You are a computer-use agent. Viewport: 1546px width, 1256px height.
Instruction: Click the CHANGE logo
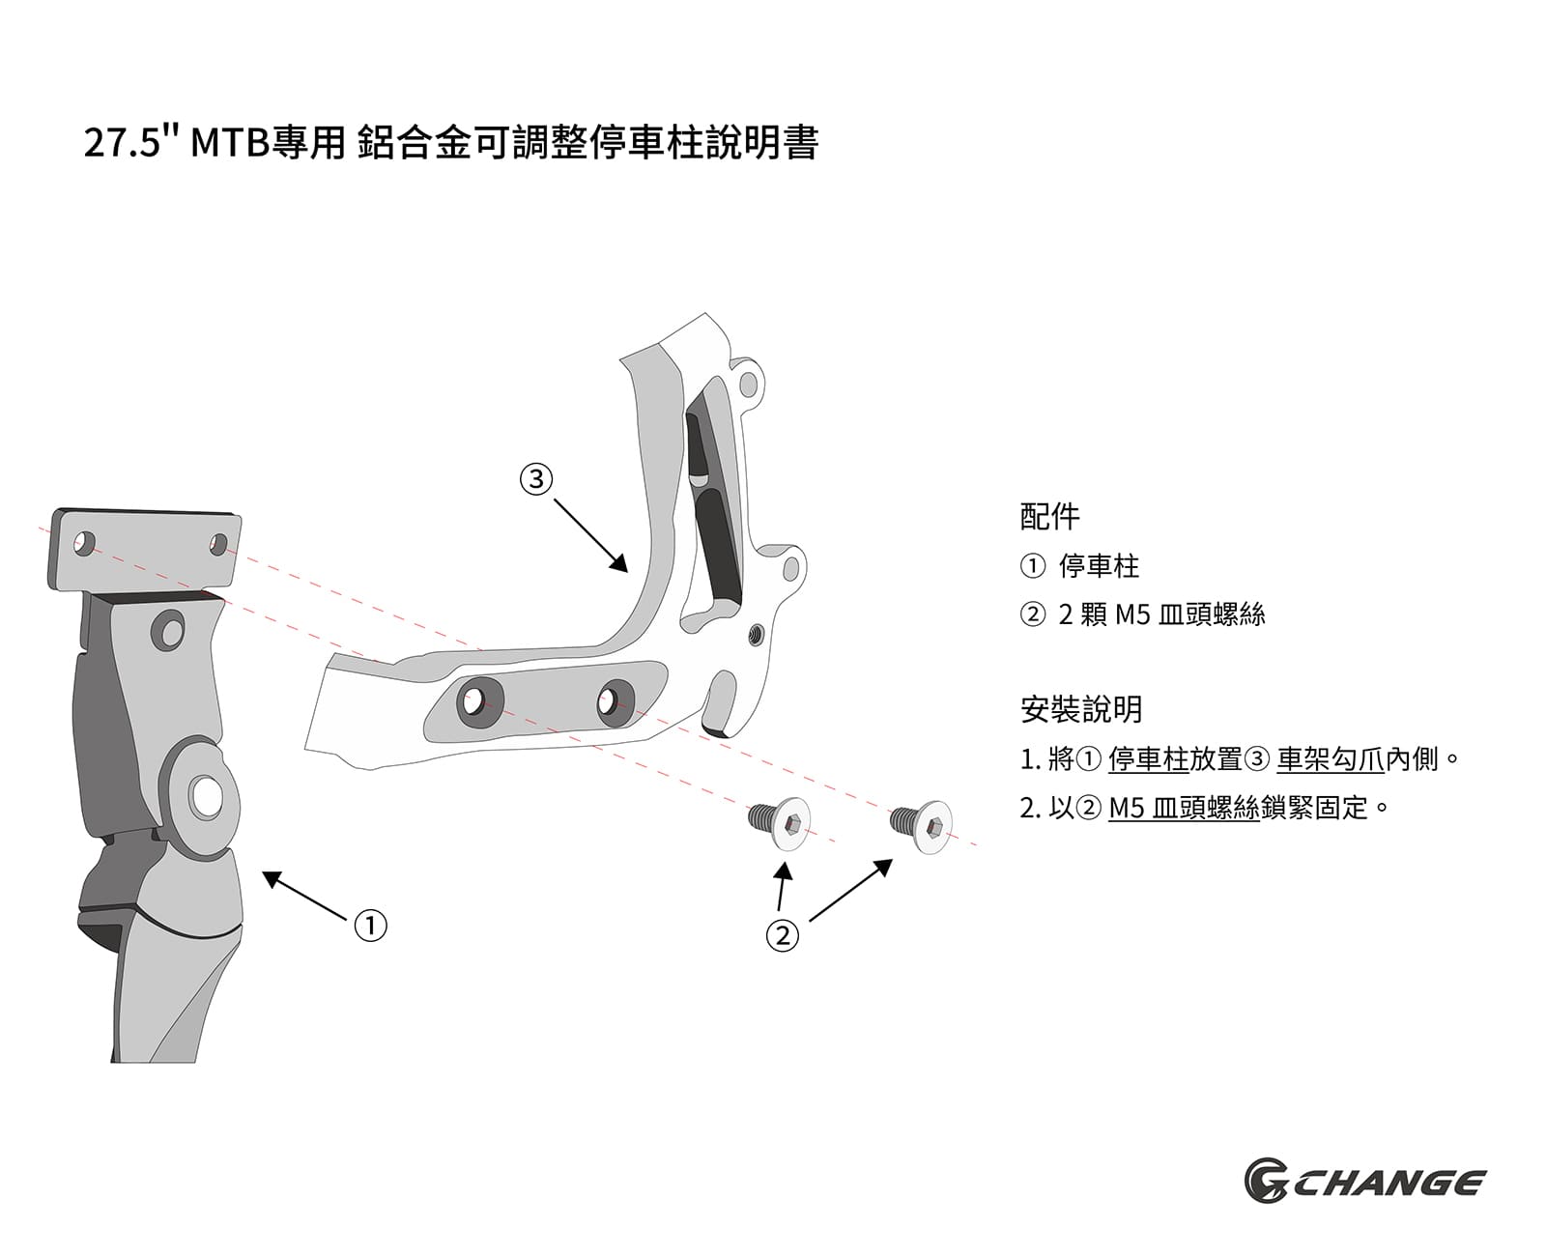click(x=1363, y=1183)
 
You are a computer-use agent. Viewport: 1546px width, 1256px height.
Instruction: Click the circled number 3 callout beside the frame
click(x=536, y=478)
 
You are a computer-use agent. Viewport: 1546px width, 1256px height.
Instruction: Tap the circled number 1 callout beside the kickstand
click(x=370, y=925)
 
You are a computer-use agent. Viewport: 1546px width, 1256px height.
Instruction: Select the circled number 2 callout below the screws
click(x=782, y=934)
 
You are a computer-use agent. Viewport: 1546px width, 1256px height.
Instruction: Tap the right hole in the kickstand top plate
click(x=219, y=544)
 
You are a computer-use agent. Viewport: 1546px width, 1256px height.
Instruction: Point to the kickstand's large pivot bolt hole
click(x=206, y=796)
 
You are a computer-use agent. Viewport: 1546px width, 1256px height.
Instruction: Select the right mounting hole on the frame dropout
click(x=614, y=700)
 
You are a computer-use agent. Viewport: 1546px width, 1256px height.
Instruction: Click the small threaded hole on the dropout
click(x=756, y=634)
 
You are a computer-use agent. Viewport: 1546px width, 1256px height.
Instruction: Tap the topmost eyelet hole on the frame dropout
click(x=748, y=385)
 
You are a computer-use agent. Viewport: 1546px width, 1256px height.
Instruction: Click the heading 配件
click(x=1049, y=516)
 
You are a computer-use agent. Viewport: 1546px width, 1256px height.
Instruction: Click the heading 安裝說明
click(x=1080, y=708)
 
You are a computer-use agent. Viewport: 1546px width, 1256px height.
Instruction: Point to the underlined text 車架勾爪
click(x=1331, y=758)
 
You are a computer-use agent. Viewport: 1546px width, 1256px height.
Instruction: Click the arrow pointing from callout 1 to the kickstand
click(x=304, y=895)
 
